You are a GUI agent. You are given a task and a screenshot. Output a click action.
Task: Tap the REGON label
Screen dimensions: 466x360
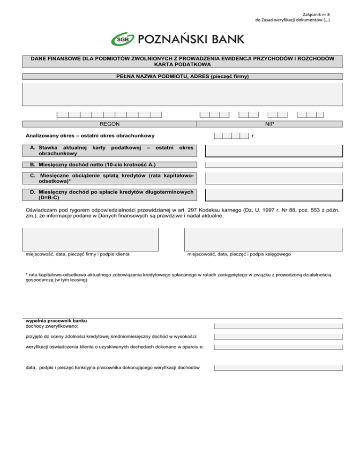coord(109,124)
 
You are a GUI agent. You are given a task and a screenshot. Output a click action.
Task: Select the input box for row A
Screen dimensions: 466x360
coord(274,151)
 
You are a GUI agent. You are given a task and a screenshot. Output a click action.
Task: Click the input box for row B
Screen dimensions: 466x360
coord(274,165)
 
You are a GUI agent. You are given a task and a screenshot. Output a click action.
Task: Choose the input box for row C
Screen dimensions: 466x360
coord(274,178)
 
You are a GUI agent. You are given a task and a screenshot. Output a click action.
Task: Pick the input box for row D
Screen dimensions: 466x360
coord(274,195)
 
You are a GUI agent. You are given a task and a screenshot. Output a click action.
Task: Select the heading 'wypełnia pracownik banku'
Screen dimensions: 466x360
coord(56,321)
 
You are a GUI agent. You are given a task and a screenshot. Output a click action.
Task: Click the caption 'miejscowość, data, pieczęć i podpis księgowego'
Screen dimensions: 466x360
coord(239,254)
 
